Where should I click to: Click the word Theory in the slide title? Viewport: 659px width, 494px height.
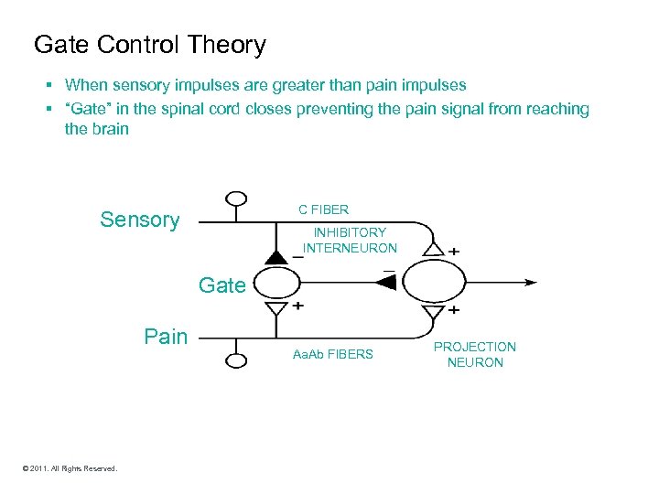point(223,45)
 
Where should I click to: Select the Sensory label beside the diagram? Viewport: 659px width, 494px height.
point(140,220)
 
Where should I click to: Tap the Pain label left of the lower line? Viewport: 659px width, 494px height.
point(166,337)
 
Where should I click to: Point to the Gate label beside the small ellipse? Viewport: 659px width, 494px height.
point(222,285)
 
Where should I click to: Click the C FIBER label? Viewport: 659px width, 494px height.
point(323,209)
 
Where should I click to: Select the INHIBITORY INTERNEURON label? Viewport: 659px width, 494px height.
point(350,241)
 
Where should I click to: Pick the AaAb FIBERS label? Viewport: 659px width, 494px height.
point(332,354)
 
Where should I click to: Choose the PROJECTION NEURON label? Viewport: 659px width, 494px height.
point(474,355)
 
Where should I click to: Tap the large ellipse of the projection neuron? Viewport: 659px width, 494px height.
point(434,283)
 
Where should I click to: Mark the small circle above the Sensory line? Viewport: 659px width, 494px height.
point(236,199)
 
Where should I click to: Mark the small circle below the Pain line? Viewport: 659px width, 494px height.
point(236,360)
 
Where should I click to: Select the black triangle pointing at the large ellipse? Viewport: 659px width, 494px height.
point(386,283)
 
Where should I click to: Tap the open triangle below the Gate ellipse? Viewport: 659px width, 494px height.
point(275,308)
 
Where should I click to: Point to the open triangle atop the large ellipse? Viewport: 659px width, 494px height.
point(434,250)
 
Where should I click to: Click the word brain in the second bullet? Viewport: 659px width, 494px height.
point(109,129)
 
